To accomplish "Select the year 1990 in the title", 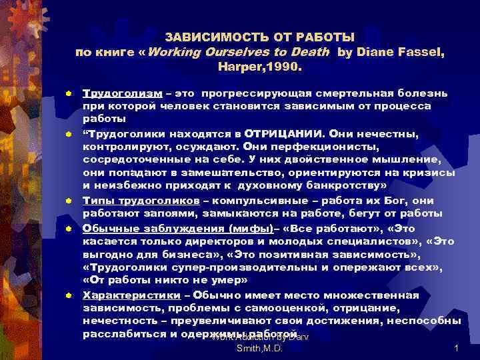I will click(x=285, y=67).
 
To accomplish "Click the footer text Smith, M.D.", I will click(x=261, y=349).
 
